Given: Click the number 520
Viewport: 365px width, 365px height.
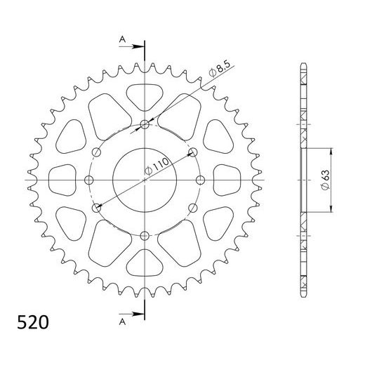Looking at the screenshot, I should point(32,324).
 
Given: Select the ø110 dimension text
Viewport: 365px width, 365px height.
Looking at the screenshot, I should point(159,167).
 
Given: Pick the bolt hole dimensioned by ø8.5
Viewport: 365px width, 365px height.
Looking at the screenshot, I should point(145,125).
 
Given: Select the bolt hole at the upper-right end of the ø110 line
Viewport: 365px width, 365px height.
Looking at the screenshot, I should point(193,152).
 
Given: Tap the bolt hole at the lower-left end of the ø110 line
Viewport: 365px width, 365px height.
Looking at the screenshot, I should point(96,208).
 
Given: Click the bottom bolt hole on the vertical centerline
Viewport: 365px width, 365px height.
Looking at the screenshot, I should point(145,235).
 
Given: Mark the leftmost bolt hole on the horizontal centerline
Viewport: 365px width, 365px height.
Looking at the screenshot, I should point(89,180).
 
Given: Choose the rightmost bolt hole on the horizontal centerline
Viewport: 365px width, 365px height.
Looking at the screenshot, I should point(200,180).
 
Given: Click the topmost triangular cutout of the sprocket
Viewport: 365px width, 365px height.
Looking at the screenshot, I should point(145,93).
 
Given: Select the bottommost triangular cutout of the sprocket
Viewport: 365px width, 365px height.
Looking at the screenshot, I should point(145,266).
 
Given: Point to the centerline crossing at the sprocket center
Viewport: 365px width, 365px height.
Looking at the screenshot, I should point(145,180).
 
